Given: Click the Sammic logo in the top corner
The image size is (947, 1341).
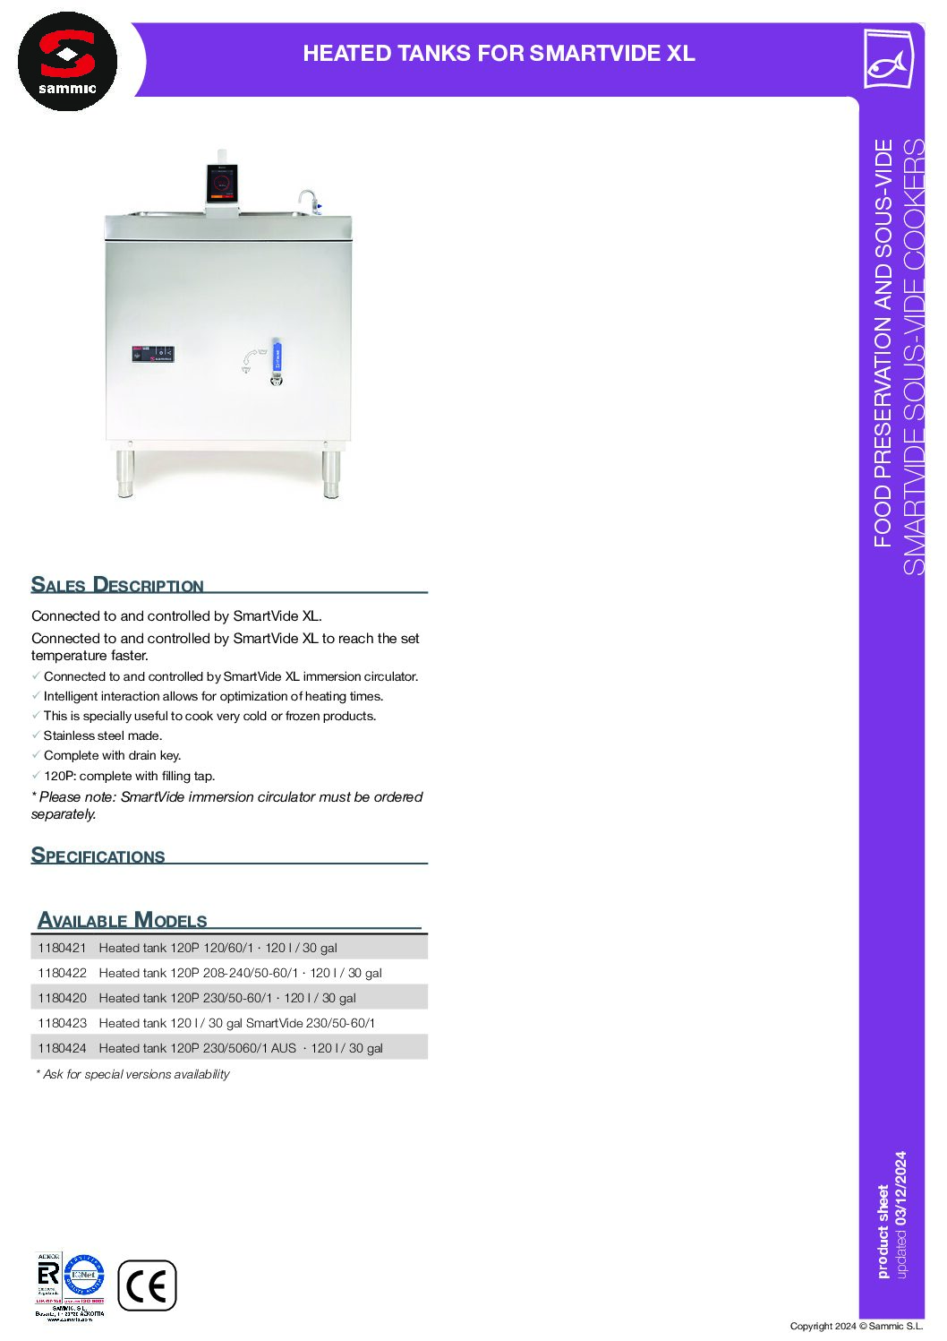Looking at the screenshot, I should (67, 61).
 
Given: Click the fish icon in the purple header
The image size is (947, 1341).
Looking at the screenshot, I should (887, 60).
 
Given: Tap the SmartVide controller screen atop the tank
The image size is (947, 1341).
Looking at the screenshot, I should (221, 184).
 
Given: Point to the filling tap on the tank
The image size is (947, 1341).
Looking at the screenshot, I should (308, 201).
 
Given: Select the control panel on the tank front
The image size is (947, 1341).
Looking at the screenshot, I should (153, 354).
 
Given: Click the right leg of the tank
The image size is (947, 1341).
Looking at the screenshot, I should (331, 472).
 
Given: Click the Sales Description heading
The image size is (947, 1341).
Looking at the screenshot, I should (117, 585).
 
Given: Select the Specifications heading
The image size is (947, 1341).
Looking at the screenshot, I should (98, 855).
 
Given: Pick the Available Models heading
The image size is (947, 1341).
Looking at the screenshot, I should (123, 920).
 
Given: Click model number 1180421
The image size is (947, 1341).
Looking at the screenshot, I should (62, 948).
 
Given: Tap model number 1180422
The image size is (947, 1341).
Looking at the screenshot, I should (62, 973).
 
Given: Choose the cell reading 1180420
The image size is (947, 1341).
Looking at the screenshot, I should (62, 998).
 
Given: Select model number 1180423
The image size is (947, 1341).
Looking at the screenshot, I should (62, 1023).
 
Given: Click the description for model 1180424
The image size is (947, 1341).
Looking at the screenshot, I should (241, 1048).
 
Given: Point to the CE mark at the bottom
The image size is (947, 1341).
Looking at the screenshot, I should (147, 1285).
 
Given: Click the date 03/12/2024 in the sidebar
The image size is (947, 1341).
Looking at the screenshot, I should (900, 1188).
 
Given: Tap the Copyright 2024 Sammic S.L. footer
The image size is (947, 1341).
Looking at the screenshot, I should (856, 1326).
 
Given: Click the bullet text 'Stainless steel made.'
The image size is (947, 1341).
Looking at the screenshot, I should (103, 735).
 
